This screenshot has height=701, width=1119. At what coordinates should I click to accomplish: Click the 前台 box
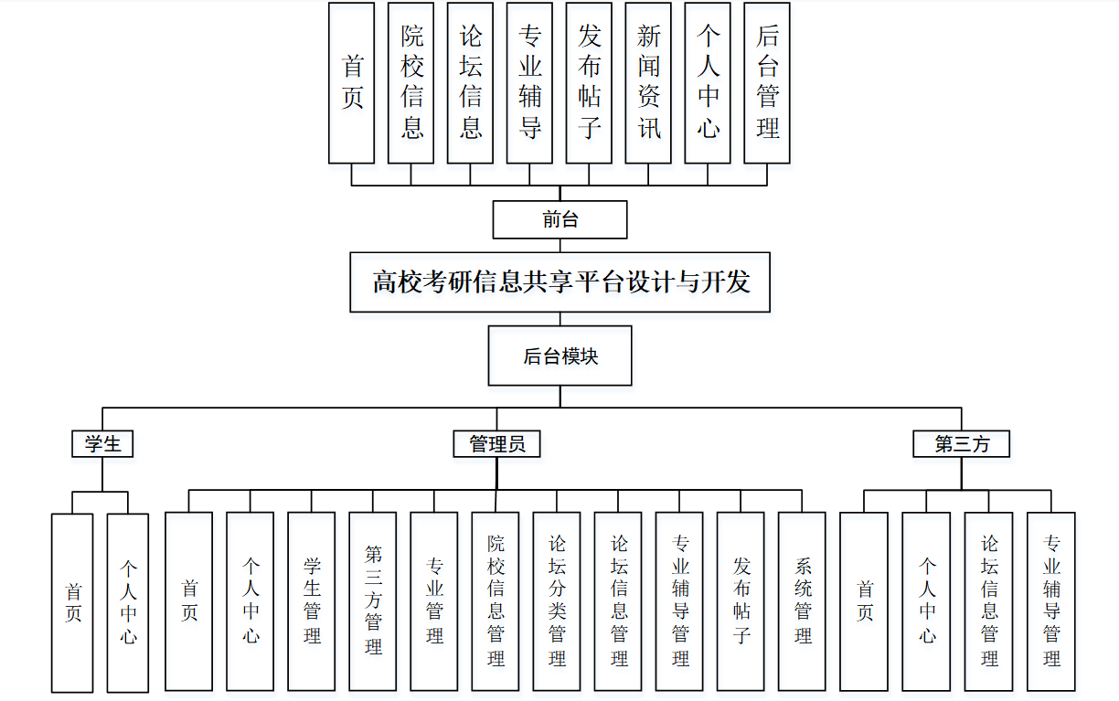[559, 219]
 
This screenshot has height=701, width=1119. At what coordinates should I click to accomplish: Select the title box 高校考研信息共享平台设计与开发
[559, 282]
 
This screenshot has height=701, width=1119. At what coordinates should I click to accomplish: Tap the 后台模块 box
[559, 356]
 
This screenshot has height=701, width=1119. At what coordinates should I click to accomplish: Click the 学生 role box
[102, 444]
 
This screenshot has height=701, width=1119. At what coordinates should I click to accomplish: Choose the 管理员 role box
[497, 444]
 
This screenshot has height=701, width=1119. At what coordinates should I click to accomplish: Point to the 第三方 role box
[962, 444]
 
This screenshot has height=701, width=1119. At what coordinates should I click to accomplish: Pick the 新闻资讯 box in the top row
[648, 83]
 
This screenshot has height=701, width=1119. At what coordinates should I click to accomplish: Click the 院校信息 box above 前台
[411, 83]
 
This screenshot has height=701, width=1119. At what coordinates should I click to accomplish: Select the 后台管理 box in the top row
[767, 83]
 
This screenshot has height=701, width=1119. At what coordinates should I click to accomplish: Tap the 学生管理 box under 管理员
[312, 600]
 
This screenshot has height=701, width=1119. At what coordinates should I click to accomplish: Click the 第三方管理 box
[373, 600]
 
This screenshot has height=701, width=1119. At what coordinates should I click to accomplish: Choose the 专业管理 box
[434, 600]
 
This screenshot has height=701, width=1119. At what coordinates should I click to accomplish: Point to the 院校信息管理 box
[496, 600]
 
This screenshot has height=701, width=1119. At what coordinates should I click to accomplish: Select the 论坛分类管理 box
[557, 600]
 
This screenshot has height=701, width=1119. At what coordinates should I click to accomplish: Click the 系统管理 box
[802, 600]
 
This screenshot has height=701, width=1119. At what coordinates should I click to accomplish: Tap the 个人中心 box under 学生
[128, 602]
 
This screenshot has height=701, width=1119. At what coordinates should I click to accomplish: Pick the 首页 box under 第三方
[864, 600]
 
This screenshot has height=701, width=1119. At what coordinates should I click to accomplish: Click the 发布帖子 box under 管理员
[741, 600]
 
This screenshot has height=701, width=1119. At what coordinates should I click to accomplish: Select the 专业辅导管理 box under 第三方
[1050, 600]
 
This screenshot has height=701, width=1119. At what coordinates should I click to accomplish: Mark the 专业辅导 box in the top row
[530, 83]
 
